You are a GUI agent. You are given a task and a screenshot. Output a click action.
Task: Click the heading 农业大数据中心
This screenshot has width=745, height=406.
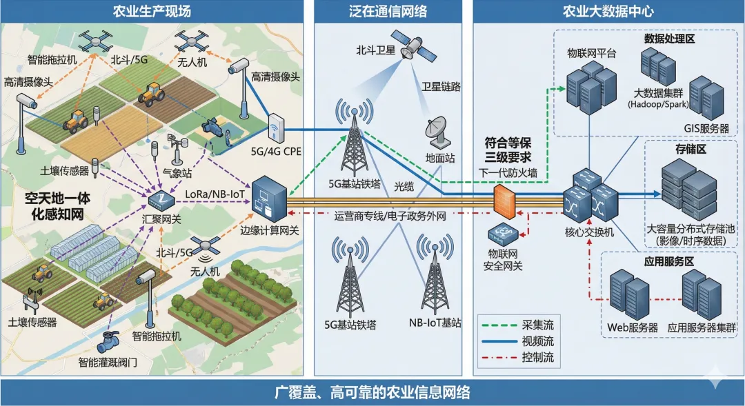coord(608,11)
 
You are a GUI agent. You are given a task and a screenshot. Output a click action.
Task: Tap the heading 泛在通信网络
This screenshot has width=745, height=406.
coord(388,11)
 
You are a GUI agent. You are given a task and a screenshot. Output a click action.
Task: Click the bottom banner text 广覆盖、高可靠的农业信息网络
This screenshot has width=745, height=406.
coord(372,393)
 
